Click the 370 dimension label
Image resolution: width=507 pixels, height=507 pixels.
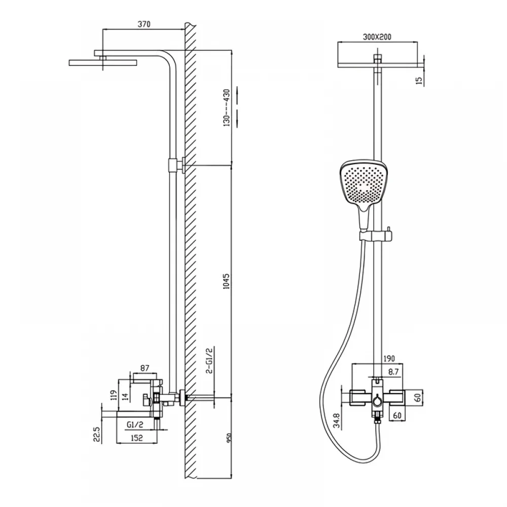(144, 24)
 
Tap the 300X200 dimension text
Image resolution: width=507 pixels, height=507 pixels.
(377, 37)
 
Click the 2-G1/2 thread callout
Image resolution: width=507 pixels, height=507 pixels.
(210, 360)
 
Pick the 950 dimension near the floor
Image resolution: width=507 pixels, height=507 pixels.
(229, 439)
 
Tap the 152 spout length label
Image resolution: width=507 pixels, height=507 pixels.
(136, 438)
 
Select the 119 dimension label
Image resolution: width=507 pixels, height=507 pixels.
(113, 395)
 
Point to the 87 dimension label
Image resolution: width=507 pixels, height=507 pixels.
(145, 368)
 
